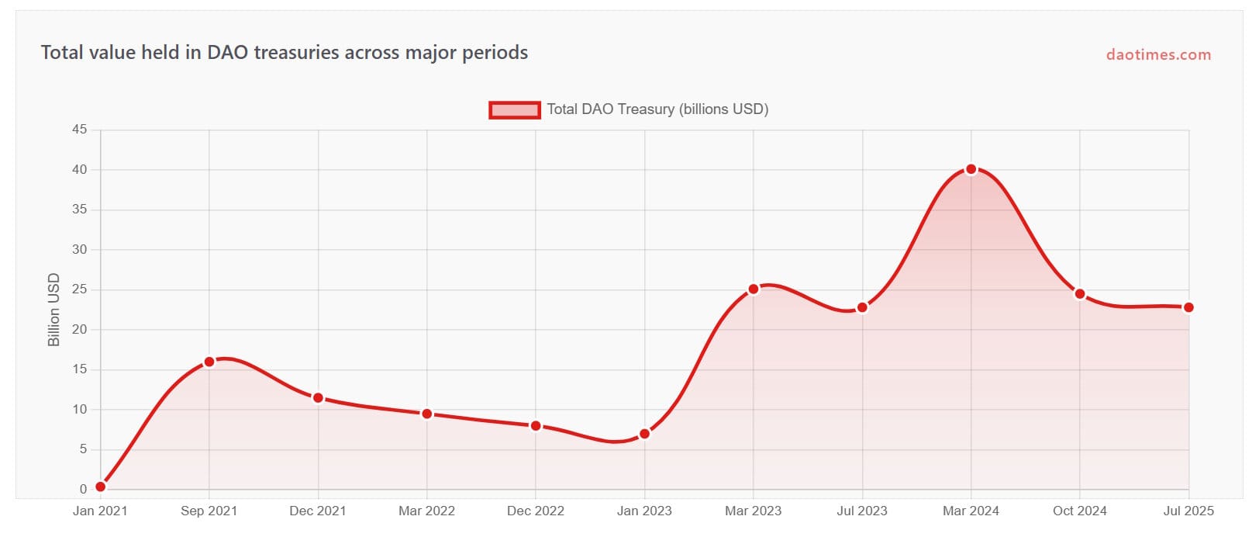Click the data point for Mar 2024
pyautogui.click(x=971, y=169)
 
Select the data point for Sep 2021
pyautogui.click(x=209, y=362)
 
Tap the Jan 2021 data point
pyautogui.click(x=101, y=487)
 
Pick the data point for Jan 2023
pyautogui.click(x=644, y=434)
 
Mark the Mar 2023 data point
pyautogui.click(x=754, y=289)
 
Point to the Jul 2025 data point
pyautogui.click(x=1188, y=307)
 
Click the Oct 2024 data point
pyautogui.click(x=1080, y=294)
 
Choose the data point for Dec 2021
pyautogui.click(x=318, y=398)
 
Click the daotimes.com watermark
pyautogui.click(x=1158, y=55)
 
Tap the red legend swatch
pyautogui.click(x=514, y=110)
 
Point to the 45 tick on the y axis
pyautogui.click(x=80, y=130)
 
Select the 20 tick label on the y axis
pyautogui.click(x=80, y=330)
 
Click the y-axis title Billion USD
pyautogui.click(x=53, y=310)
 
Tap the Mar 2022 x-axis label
pyautogui.click(x=426, y=511)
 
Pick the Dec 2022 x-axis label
pyautogui.click(x=536, y=511)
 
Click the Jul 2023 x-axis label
pyautogui.click(x=862, y=511)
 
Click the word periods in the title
pyautogui.click(x=495, y=53)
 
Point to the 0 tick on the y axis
pyautogui.click(x=83, y=490)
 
